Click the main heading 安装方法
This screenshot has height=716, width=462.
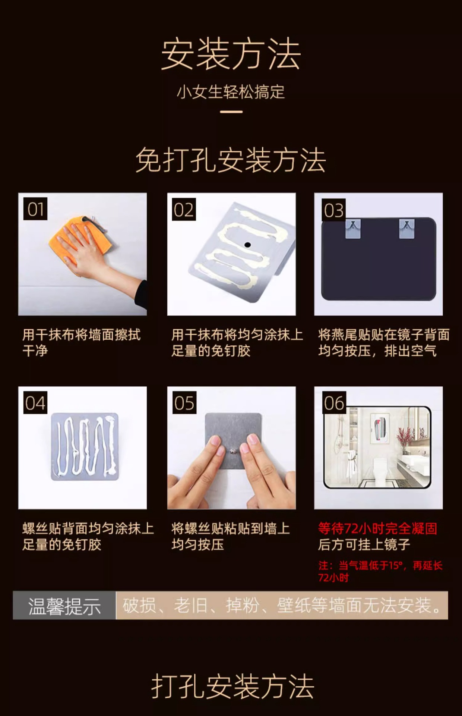pyautogui.click(x=231, y=55)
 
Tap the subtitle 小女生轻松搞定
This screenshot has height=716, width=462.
pyautogui.click(x=231, y=92)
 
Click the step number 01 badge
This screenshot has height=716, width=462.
pyautogui.click(x=35, y=209)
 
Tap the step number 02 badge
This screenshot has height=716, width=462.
pyautogui.click(x=184, y=210)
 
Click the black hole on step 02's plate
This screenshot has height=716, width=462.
pyautogui.click(x=247, y=245)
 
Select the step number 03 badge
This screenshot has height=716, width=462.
pyautogui.click(x=334, y=210)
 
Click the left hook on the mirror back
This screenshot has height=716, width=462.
pyautogui.click(x=353, y=229)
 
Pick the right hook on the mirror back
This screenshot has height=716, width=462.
pyautogui.click(x=406, y=229)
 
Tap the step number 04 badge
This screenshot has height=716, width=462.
pyautogui.click(x=35, y=403)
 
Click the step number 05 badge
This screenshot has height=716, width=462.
pyautogui.click(x=184, y=403)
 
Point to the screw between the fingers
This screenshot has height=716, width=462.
pyautogui.click(x=232, y=452)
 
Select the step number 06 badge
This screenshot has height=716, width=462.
pyautogui.click(x=334, y=403)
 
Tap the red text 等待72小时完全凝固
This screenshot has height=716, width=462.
pyautogui.click(x=377, y=528)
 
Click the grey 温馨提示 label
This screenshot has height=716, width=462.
pyautogui.click(x=64, y=606)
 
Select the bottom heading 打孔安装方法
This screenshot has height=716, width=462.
pyautogui.click(x=233, y=687)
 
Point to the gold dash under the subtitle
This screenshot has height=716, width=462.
pyautogui.click(x=231, y=112)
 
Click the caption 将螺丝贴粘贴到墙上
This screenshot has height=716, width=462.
pyautogui.click(x=230, y=528)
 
